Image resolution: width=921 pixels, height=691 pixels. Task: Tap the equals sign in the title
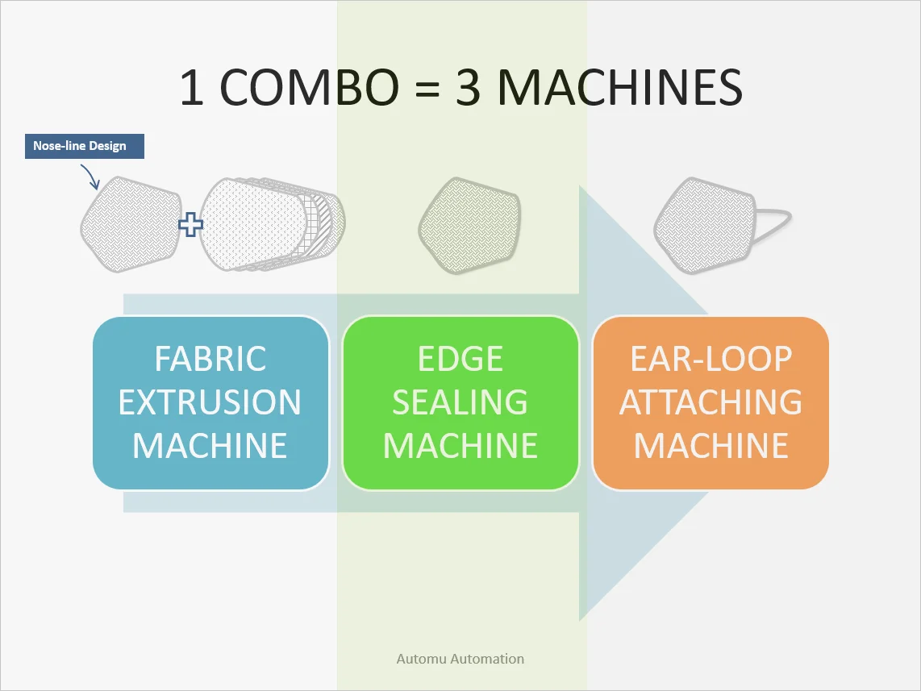coord(423,89)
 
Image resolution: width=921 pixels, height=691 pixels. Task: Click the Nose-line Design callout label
coord(85,146)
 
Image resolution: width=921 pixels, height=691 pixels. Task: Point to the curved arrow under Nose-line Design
coord(89,176)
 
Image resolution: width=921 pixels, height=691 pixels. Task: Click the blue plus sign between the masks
coord(190,224)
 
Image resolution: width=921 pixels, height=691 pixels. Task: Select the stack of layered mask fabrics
coord(270,221)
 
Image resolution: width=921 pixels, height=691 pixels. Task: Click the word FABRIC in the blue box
coord(210,359)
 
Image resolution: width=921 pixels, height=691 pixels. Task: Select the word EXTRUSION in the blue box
coord(210,402)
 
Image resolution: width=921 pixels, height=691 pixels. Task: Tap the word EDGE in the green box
coord(460,359)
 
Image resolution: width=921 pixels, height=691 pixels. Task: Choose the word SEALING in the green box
coord(460,402)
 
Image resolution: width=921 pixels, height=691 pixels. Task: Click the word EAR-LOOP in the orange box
coord(711,359)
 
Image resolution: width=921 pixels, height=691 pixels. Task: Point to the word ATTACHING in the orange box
coord(711,402)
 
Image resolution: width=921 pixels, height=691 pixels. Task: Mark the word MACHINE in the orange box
coord(711,446)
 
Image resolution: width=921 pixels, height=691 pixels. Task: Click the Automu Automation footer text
coord(460,659)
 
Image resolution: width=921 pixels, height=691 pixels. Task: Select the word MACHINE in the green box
coord(460,446)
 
